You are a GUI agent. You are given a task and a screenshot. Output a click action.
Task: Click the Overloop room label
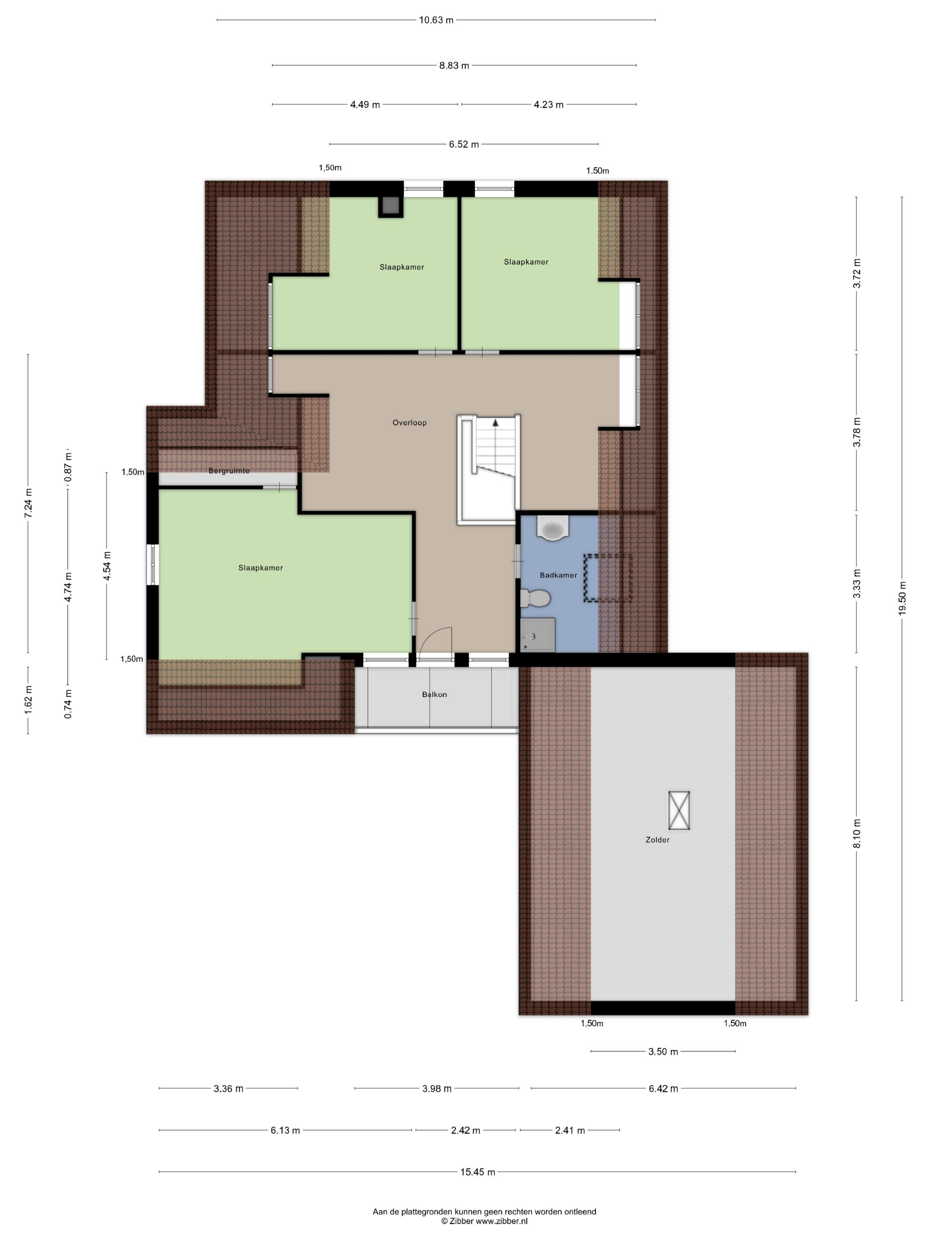point(409,422)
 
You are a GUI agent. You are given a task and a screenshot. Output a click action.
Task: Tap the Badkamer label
point(558,575)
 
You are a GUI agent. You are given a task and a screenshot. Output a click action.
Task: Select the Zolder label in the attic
point(658,840)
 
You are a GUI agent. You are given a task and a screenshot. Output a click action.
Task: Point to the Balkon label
point(434,694)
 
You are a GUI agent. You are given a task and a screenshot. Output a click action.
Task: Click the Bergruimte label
point(229,471)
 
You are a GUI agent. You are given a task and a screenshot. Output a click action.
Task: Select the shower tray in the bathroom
point(538,635)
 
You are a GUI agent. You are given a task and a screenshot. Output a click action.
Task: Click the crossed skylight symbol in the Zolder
point(679,810)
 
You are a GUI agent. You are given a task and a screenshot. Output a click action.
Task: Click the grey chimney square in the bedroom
point(390,206)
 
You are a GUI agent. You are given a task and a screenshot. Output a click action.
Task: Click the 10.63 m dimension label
point(436,20)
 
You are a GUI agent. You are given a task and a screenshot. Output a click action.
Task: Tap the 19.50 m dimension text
point(902,598)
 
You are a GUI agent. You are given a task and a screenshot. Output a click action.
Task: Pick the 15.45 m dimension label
point(477,1172)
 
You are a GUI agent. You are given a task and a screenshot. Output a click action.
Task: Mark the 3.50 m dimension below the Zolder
point(663,1052)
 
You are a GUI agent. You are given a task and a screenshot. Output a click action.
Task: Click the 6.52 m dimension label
point(464,144)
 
